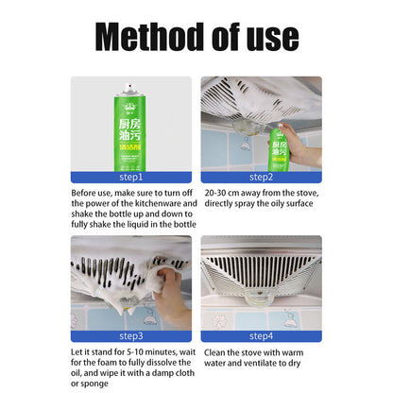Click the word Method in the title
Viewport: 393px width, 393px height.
click(150, 37)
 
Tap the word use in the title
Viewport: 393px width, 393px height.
click(273, 39)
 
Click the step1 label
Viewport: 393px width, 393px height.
click(131, 178)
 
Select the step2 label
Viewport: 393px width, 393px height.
click(261, 178)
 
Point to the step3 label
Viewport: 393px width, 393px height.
click(131, 336)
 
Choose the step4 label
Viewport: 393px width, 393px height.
click(261, 336)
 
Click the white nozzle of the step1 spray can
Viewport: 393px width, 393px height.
click(129, 87)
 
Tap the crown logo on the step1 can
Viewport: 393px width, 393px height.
click(129, 106)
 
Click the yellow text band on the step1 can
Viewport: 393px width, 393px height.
click(129, 147)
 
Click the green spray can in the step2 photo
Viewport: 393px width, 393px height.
click(279, 149)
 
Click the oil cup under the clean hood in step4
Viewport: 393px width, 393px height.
click(261, 298)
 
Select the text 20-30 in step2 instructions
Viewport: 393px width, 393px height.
click(215, 193)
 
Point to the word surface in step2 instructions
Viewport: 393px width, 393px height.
click(299, 204)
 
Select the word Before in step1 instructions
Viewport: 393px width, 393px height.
click(82, 193)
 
